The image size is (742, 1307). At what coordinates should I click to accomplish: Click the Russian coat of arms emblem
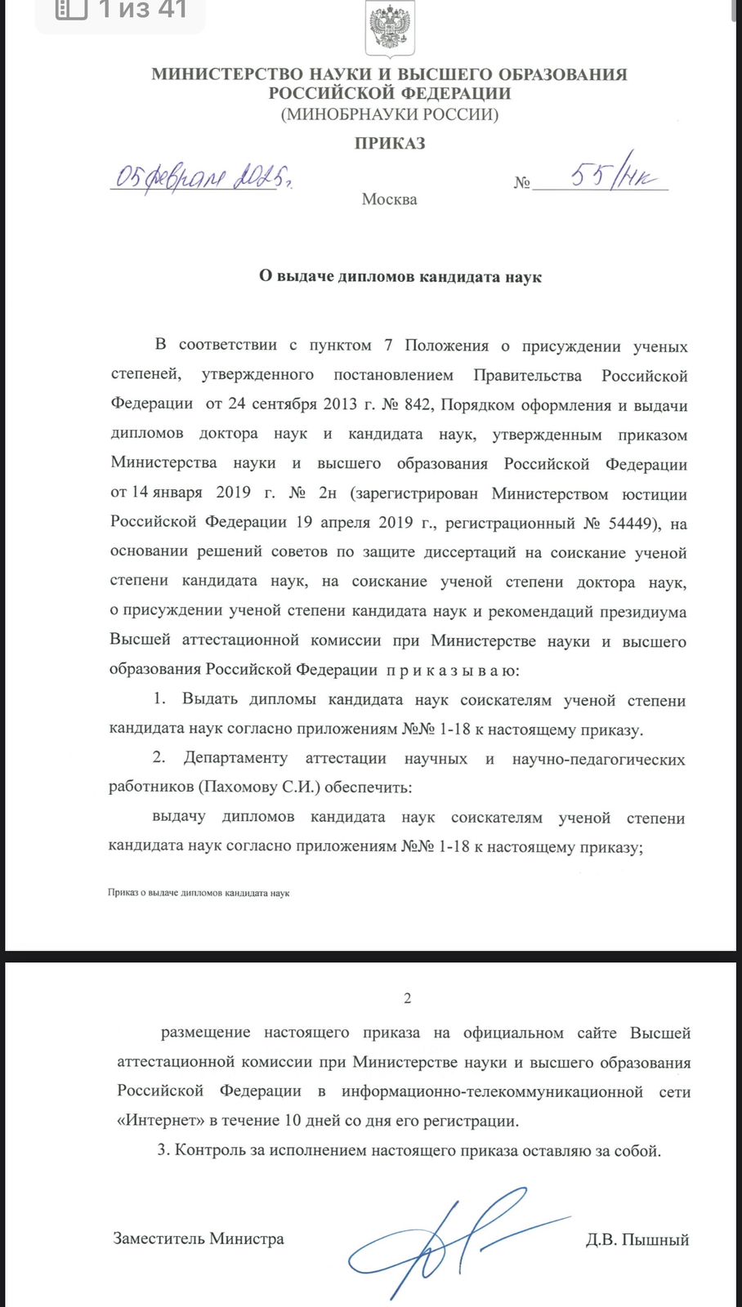coord(390,29)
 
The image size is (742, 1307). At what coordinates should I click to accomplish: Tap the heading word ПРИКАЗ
coord(390,144)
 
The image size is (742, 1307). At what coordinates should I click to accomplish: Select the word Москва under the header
coord(389,199)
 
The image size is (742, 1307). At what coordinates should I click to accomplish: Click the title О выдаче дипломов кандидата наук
coord(400,277)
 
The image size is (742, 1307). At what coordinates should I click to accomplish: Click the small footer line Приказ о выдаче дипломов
coord(199,893)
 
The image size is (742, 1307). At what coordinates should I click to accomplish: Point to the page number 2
coord(408,998)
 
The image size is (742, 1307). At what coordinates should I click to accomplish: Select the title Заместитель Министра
coord(199,1238)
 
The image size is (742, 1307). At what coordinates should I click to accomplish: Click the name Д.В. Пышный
coord(637,1240)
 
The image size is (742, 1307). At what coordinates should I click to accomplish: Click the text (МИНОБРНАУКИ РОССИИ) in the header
coord(390,114)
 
